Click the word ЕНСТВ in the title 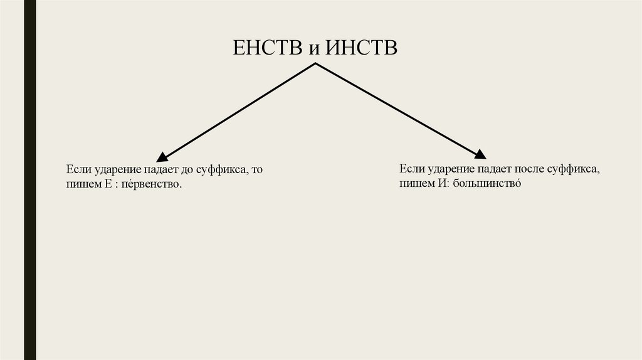268,48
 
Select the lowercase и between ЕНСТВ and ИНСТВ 314,50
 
